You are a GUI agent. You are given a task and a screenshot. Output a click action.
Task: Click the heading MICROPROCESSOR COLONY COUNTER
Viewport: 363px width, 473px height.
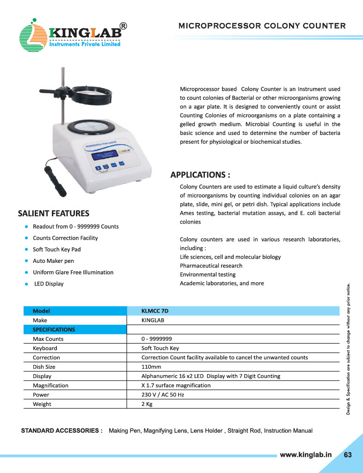[x=262, y=25]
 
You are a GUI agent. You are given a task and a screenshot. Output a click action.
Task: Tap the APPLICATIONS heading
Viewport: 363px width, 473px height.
[x=200, y=175]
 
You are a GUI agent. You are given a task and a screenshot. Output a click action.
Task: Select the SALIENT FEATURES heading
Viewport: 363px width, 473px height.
[x=53, y=213]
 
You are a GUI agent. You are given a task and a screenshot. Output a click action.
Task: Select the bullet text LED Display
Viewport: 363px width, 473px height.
[x=49, y=284]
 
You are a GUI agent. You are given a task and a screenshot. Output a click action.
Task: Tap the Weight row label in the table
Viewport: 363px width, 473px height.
[x=42, y=404]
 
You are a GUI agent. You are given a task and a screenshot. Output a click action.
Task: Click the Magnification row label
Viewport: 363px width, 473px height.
[x=50, y=385]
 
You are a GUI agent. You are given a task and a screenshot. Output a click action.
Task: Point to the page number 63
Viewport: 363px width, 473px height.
[x=348, y=455]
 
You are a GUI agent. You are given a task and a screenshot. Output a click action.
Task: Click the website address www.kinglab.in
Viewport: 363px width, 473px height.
[x=306, y=455]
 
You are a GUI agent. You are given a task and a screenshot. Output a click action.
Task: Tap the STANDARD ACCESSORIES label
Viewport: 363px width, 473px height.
[x=62, y=431]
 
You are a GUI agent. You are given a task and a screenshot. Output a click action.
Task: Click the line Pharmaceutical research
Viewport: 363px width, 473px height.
[x=211, y=266]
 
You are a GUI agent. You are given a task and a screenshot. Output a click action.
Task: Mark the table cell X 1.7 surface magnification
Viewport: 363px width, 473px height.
[x=176, y=385]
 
